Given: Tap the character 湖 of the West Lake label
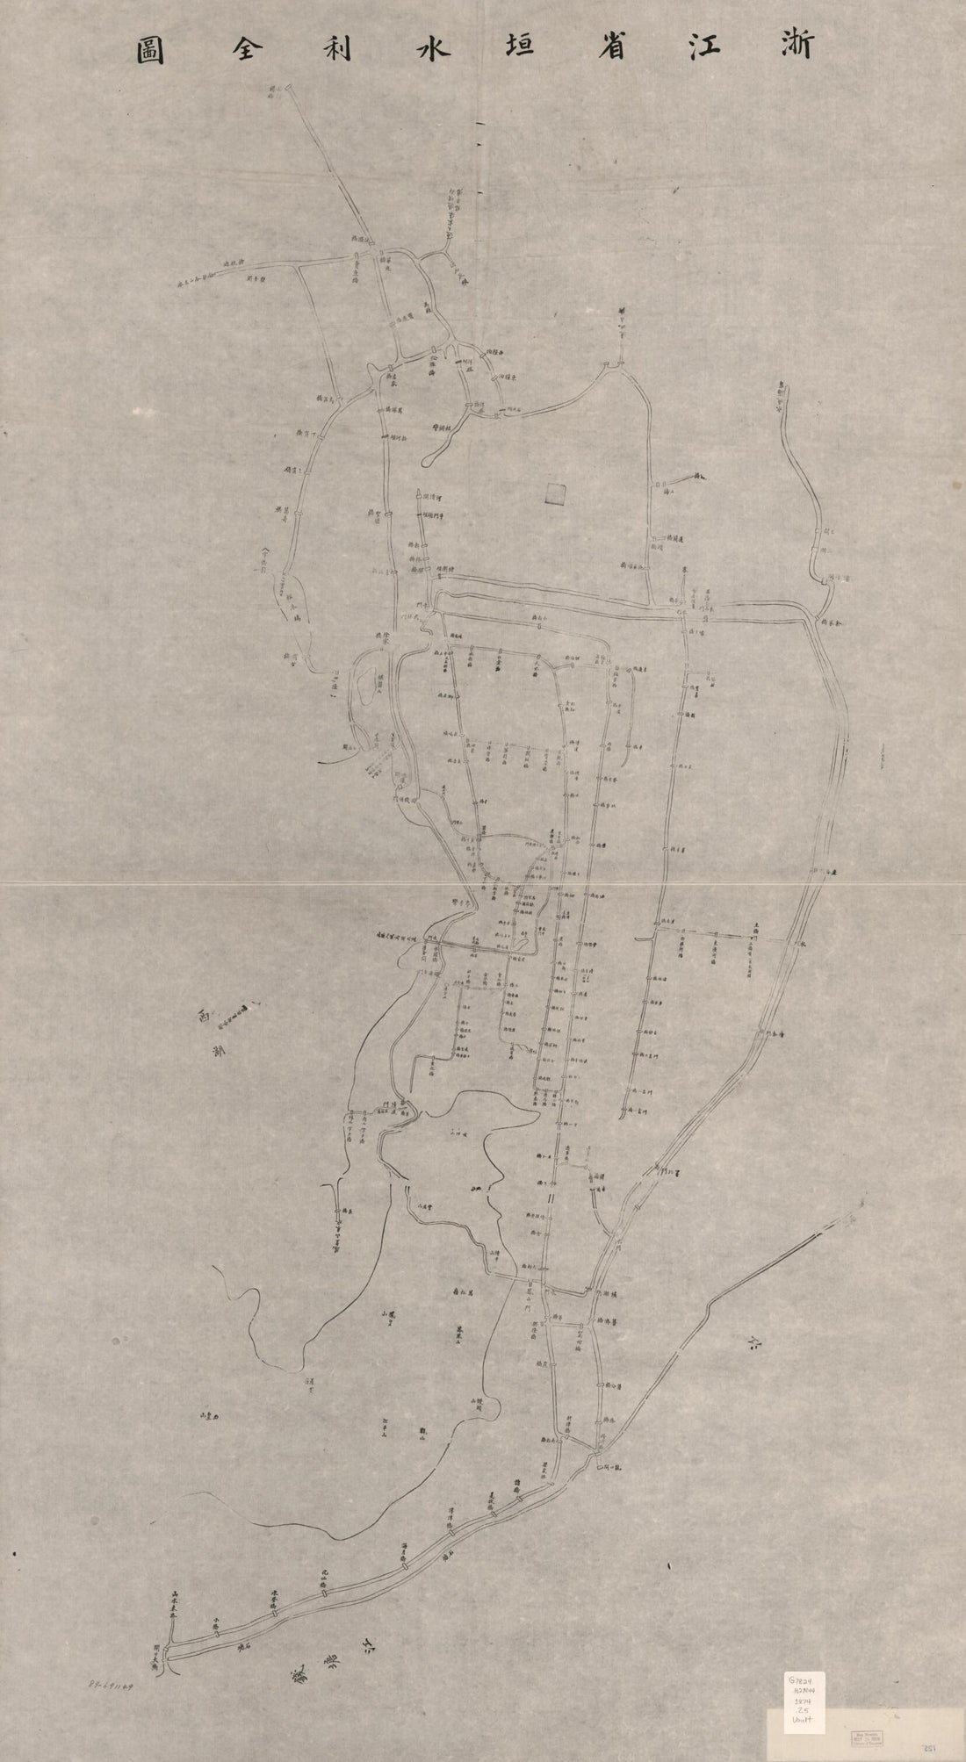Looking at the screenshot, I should point(217,1050).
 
